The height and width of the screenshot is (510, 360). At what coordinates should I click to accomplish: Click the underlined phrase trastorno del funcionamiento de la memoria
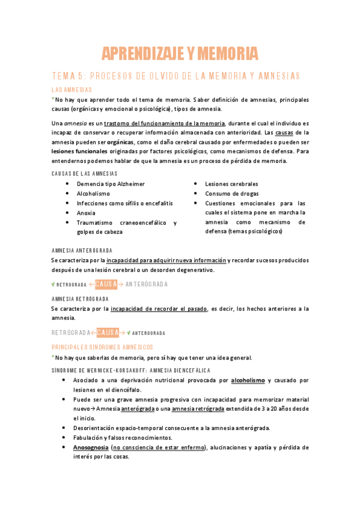click(x=162, y=123)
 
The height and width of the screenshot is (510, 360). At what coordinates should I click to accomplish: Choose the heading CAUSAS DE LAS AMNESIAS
click(x=85, y=174)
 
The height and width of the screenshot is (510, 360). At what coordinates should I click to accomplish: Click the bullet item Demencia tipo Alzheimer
click(x=111, y=183)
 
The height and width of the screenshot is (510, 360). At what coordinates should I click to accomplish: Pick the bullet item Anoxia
click(x=86, y=212)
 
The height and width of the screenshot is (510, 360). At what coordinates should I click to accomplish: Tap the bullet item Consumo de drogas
click(x=231, y=193)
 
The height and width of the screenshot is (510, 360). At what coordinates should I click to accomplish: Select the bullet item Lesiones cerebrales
click(x=231, y=183)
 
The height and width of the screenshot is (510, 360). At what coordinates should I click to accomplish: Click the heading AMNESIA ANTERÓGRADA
click(x=82, y=250)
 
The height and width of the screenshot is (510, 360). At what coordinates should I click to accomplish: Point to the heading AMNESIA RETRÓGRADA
click(x=80, y=298)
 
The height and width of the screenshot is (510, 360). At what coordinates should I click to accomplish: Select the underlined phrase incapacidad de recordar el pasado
click(x=159, y=309)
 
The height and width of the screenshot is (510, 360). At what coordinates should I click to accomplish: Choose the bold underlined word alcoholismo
click(x=248, y=380)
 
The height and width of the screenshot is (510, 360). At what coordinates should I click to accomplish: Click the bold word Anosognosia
click(x=90, y=447)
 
